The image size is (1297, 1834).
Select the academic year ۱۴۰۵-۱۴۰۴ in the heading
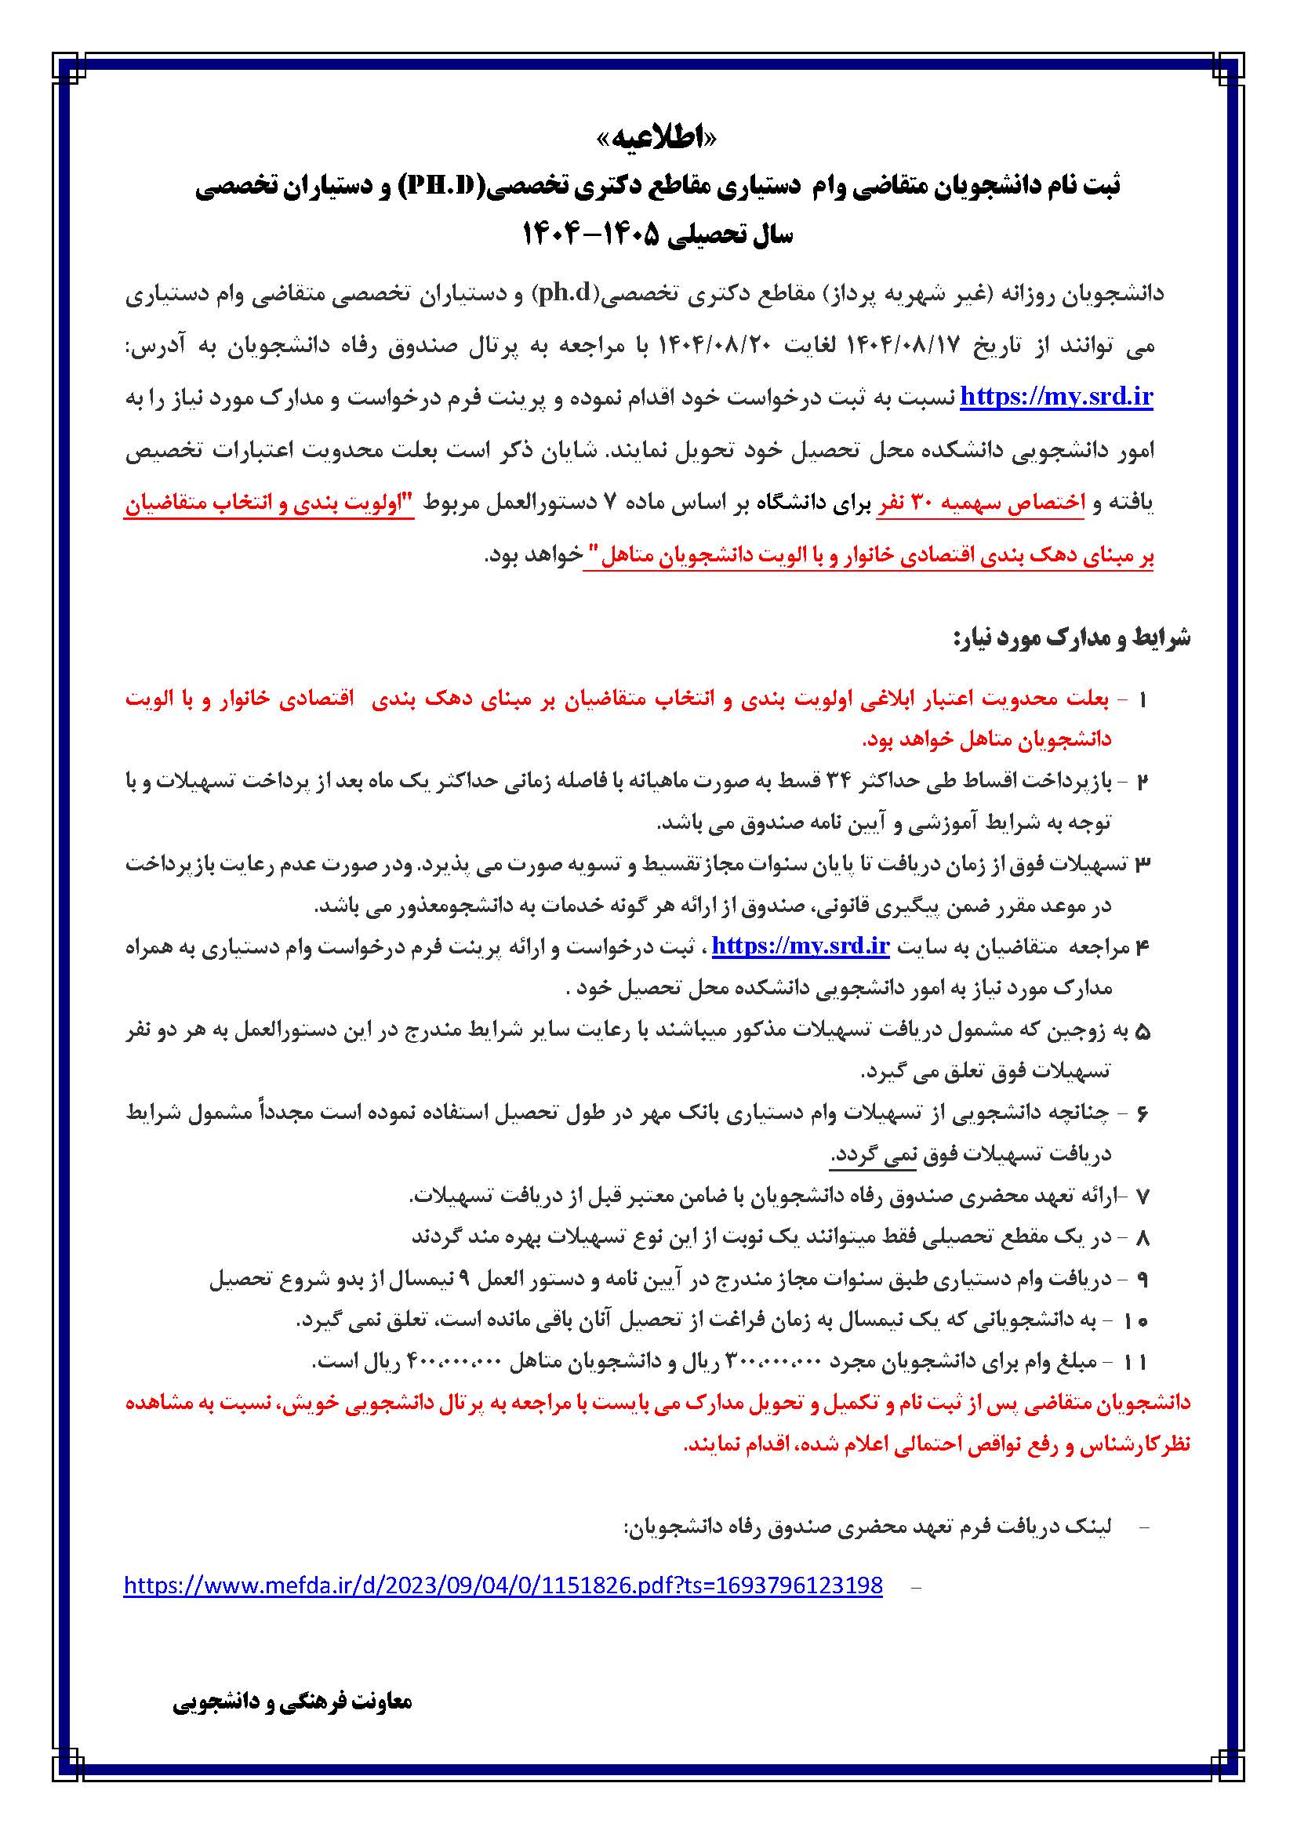click(592, 235)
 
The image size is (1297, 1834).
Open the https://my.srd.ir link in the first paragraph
click(1055, 397)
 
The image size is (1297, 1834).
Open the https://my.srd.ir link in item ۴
click(801, 946)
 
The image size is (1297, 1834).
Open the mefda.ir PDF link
click(503, 1585)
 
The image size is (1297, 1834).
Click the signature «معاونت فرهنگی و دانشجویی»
click(292, 1701)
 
